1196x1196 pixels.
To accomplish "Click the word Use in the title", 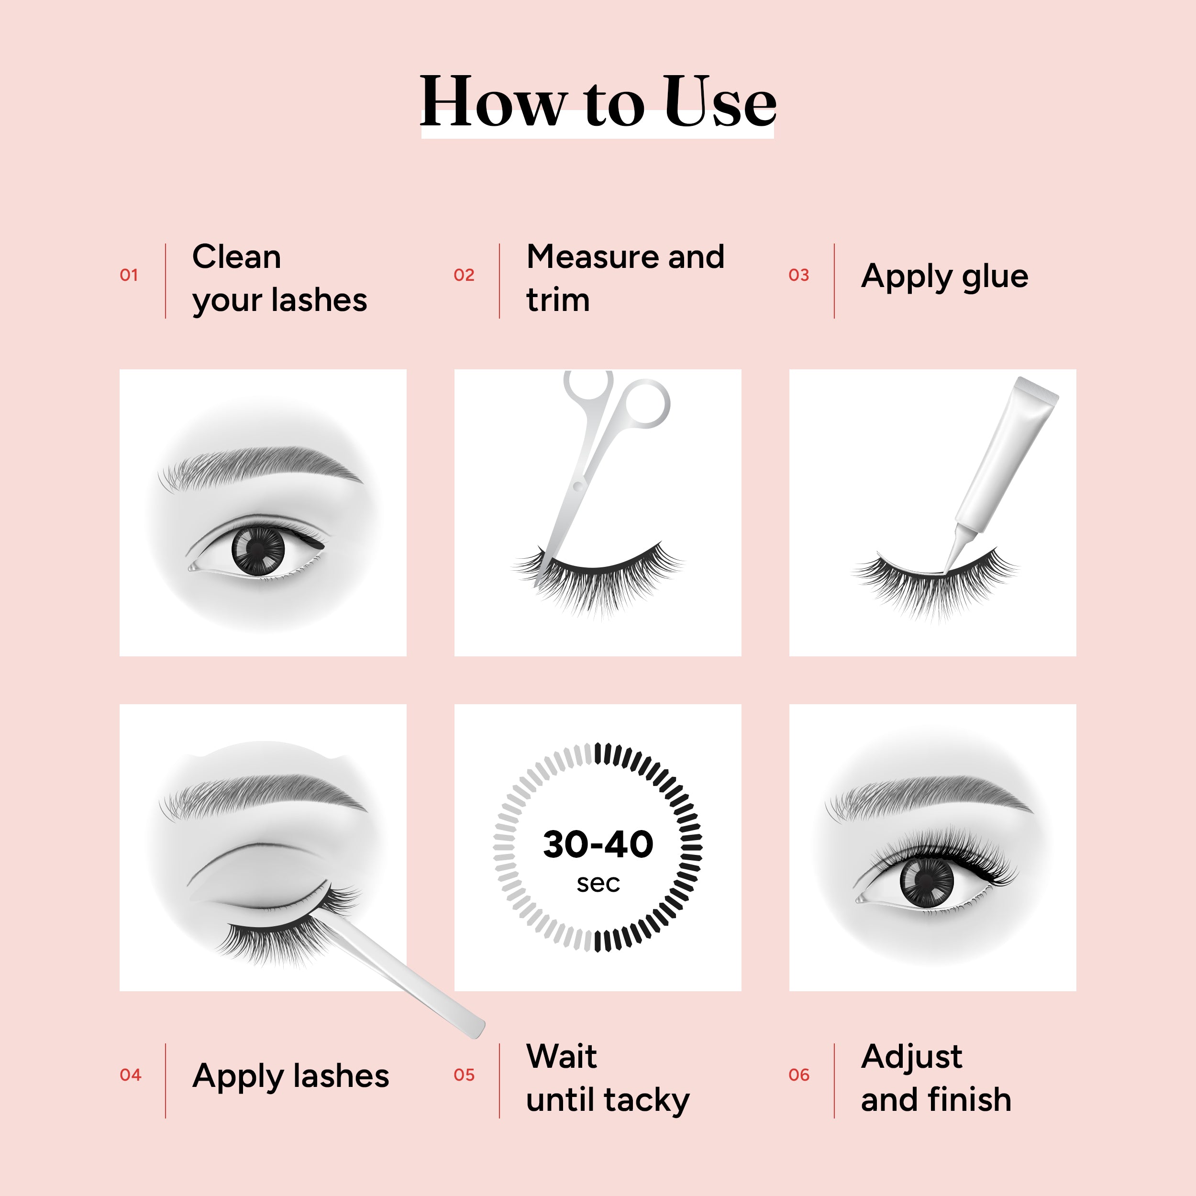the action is (720, 101).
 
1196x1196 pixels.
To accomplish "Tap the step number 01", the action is (129, 275).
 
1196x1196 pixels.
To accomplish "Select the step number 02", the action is (464, 275).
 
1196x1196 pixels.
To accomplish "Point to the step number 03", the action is (798, 275).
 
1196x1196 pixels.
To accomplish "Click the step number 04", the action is (130, 1074).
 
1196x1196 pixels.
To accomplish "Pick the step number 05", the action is (464, 1074).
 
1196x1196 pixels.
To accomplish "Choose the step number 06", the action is (798, 1074).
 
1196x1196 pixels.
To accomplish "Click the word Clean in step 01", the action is (236, 256).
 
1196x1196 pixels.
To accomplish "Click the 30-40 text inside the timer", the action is (598, 844).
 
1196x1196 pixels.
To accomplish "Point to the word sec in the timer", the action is (598, 884).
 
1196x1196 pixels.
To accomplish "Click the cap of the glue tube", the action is (1036, 390).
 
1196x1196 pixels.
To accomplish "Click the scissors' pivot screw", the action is (577, 486).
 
